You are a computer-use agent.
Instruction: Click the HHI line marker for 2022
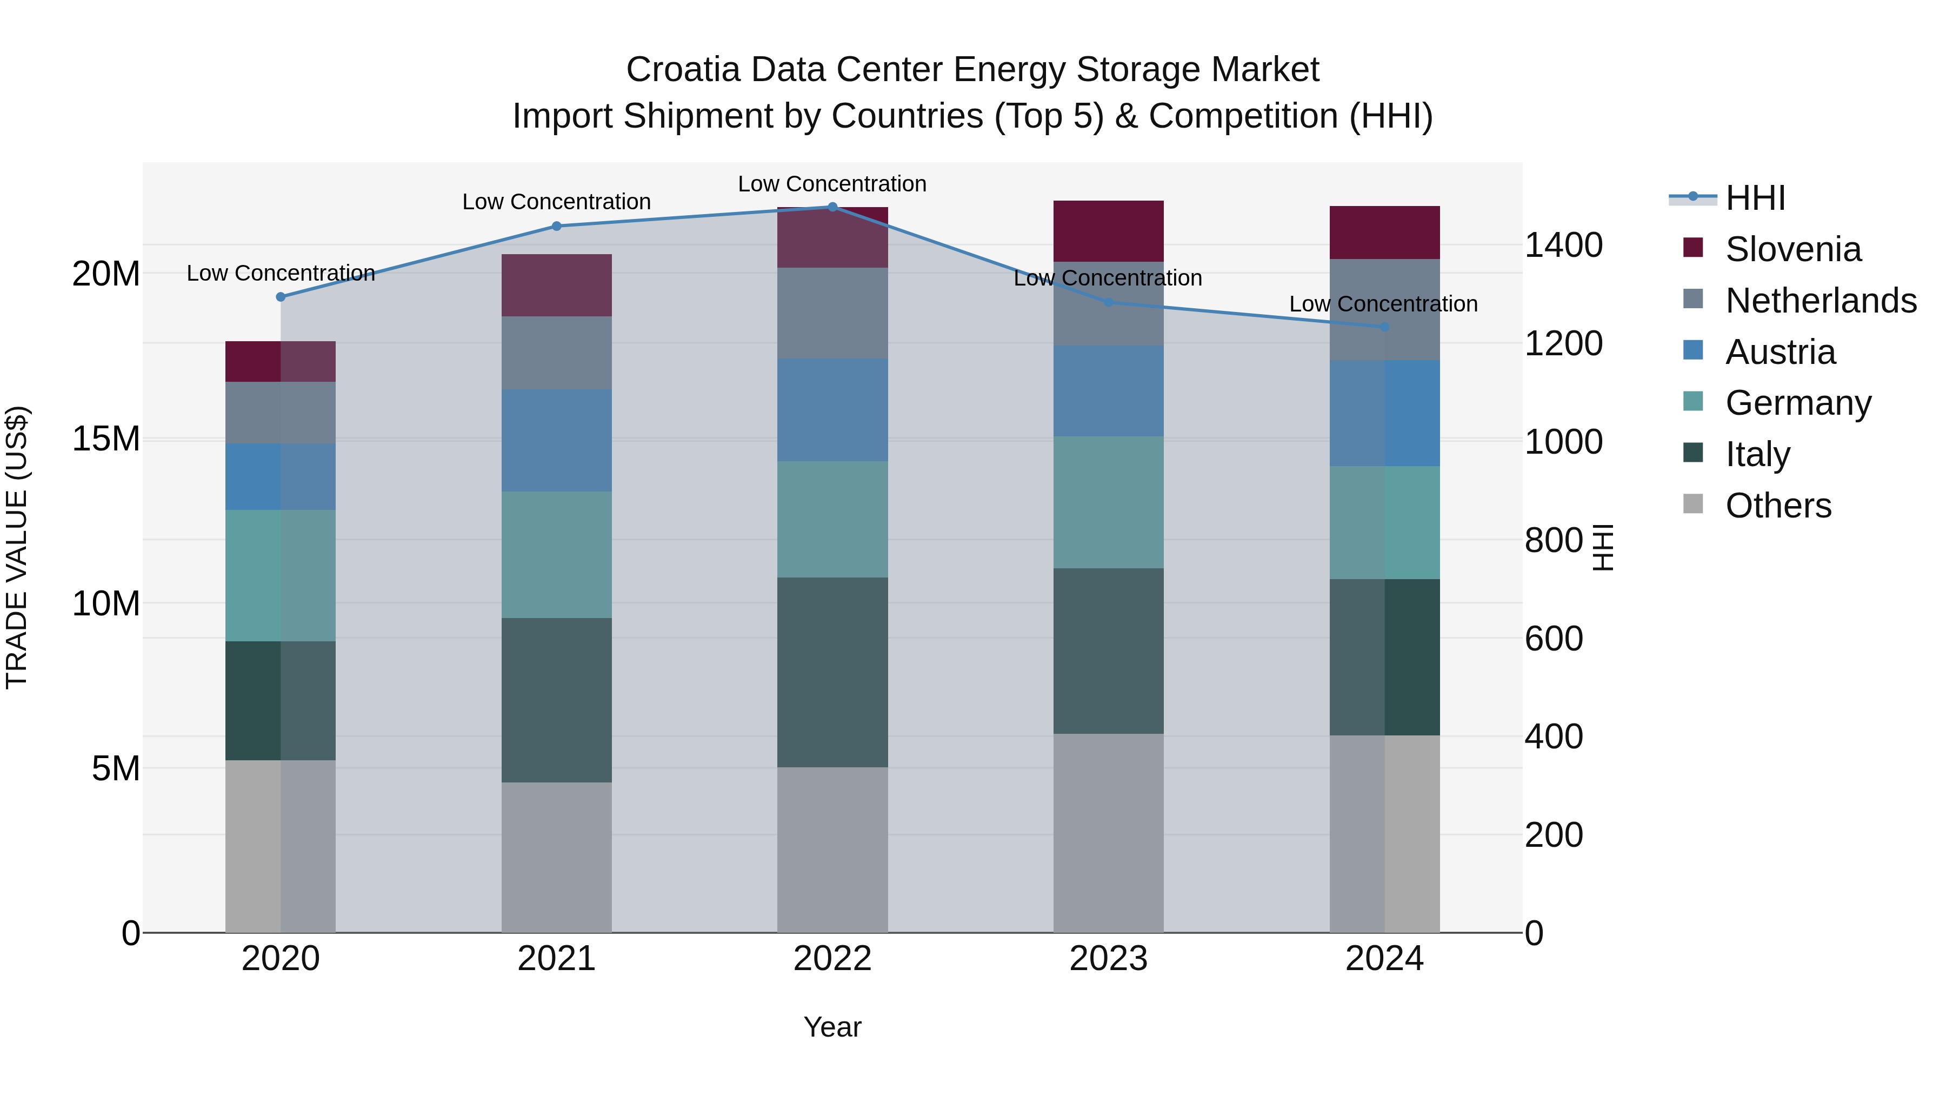(x=832, y=207)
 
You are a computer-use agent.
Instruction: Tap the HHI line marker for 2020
(x=281, y=297)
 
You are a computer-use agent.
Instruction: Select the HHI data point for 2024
(x=1385, y=327)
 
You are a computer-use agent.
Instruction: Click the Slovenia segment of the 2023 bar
(x=1108, y=231)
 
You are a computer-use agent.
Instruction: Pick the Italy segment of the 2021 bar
(x=557, y=700)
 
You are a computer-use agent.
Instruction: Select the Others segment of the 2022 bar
(x=832, y=850)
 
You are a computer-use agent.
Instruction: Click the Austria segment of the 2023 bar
(x=1108, y=391)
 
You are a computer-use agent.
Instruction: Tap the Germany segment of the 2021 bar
(x=557, y=555)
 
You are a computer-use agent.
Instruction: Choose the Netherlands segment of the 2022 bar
(x=832, y=313)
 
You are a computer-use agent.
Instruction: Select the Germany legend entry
(x=1798, y=403)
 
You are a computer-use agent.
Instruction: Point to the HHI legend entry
(x=1755, y=198)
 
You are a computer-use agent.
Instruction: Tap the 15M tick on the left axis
(x=106, y=439)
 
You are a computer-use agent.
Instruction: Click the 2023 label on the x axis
(x=1108, y=959)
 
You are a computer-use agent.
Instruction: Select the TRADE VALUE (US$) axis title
(x=17, y=547)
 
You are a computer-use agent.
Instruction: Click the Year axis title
(x=832, y=1027)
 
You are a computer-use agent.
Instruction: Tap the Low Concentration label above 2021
(x=557, y=202)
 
